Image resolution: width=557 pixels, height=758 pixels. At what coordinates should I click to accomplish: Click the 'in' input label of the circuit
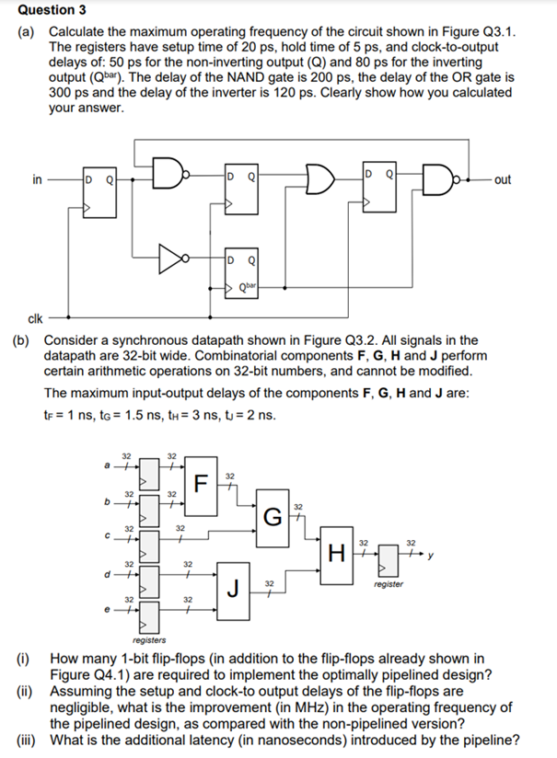[37, 178]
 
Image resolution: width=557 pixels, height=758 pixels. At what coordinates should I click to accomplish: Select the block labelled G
[270, 516]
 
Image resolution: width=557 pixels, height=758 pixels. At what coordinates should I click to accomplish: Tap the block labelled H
[337, 553]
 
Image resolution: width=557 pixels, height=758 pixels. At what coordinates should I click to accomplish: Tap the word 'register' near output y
[389, 584]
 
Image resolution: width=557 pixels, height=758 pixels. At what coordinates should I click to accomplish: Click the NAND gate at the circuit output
[437, 178]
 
